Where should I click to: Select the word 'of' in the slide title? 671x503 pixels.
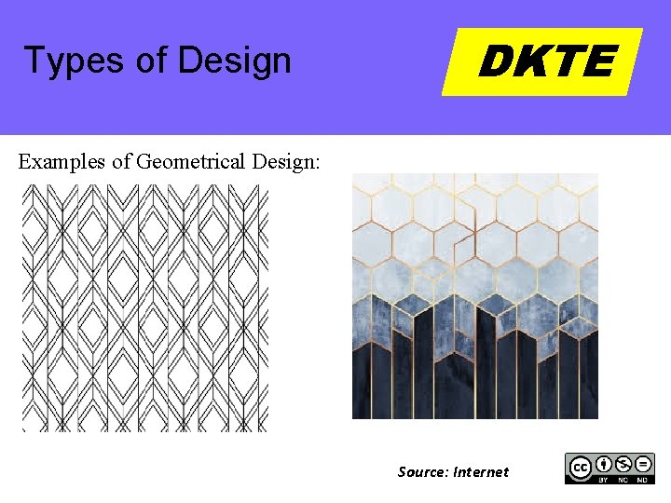[150, 61]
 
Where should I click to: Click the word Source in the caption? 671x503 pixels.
[421, 472]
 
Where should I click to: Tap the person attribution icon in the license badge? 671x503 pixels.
[603, 463]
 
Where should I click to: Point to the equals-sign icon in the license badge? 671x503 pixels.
[642, 463]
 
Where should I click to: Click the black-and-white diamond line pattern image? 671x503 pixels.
[144, 307]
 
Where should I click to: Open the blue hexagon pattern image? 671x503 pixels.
[474, 296]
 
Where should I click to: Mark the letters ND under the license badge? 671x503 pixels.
[642, 479]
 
